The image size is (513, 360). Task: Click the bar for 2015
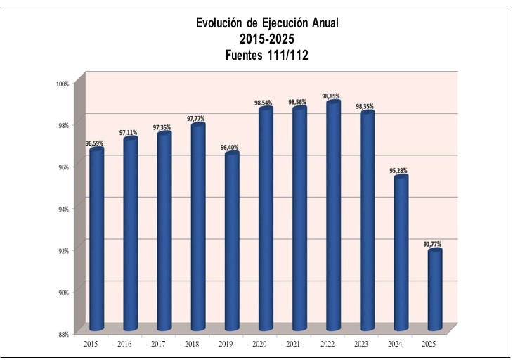coord(96,239)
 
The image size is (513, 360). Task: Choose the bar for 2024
coord(401,253)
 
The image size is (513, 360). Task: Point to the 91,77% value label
coord(432,243)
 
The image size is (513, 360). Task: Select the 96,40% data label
coord(229,147)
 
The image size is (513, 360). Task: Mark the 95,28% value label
coord(398,170)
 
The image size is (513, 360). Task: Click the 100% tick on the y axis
coord(63,83)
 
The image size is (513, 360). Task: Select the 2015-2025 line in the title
coord(266,38)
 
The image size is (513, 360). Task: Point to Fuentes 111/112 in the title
coord(266,53)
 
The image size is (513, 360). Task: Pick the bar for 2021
coord(300,219)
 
